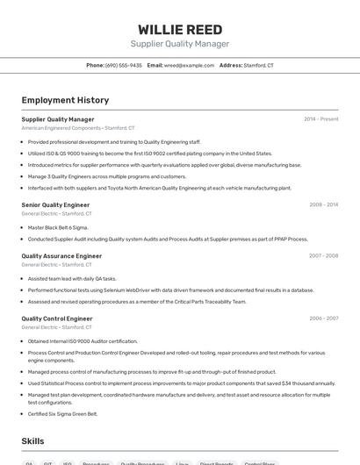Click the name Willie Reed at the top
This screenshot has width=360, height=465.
click(180, 29)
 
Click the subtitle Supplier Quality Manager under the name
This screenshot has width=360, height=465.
click(180, 44)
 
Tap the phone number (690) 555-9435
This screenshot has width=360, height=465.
click(124, 65)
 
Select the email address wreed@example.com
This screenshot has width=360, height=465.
click(190, 65)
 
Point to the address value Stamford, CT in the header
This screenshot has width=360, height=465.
click(258, 65)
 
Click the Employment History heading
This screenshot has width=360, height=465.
click(65, 100)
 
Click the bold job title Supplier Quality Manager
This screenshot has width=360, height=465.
click(58, 119)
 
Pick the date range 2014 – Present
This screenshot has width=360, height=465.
click(320, 119)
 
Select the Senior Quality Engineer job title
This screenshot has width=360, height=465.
click(55, 204)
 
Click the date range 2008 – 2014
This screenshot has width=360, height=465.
click(323, 204)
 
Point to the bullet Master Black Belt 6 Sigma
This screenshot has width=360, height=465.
click(58, 227)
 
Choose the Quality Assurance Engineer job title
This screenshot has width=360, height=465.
click(61, 256)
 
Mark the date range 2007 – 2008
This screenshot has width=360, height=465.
click(323, 256)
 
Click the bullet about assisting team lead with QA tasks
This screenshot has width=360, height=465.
click(72, 278)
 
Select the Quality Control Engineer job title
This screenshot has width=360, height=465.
click(57, 318)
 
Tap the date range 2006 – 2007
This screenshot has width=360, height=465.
click(323, 318)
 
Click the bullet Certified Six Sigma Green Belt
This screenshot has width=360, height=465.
click(62, 413)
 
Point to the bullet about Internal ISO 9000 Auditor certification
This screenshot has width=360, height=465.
click(83, 341)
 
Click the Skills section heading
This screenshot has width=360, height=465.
click(33, 441)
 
